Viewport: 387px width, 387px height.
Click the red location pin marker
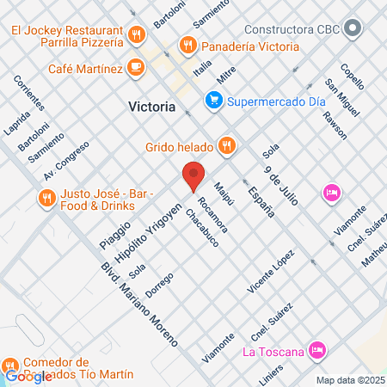(x=193, y=174)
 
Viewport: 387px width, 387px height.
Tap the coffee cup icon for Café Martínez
(x=135, y=66)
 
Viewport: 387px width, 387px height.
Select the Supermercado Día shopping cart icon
(x=213, y=101)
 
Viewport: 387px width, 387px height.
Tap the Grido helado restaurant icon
(x=226, y=145)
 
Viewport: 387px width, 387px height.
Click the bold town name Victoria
(x=151, y=108)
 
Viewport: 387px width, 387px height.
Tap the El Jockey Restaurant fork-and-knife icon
(x=137, y=34)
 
